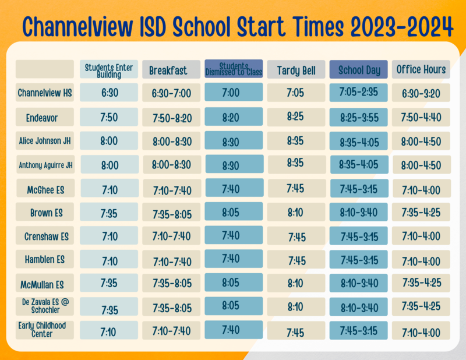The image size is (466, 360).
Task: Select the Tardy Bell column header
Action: point(296,70)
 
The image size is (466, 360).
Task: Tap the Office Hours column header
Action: point(421,69)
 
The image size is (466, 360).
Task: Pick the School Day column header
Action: point(359,70)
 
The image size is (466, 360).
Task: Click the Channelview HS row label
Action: point(45,93)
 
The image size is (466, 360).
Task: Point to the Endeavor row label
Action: point(45,118)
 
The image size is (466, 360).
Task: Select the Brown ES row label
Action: point(45,213)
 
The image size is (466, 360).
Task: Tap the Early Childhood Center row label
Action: point(45,330)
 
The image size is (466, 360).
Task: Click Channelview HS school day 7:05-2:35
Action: point(359,93)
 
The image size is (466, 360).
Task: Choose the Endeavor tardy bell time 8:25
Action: point(296,117)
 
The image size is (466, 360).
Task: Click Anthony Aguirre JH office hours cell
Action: point(421,164)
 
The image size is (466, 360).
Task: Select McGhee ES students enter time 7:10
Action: point(109,189)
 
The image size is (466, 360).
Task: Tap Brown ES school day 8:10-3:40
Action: point(359,213)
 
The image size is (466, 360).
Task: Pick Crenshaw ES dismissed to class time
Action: point(234,235)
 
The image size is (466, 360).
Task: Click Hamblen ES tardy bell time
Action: point(296,260)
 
